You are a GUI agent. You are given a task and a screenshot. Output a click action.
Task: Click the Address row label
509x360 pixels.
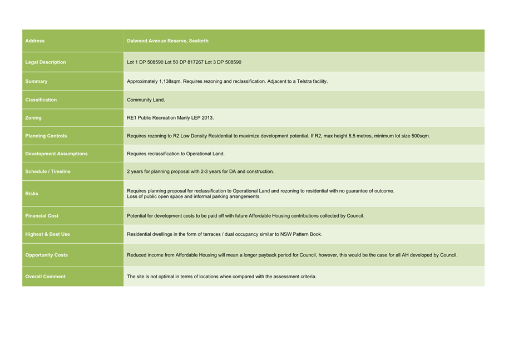[35, 41]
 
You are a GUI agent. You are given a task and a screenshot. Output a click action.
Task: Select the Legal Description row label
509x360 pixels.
[46, 62]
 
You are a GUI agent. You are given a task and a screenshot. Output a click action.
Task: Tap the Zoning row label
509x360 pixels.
[33, 118]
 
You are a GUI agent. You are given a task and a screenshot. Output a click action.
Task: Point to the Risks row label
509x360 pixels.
[33, 194]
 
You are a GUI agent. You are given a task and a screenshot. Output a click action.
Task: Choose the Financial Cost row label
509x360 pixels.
[42, 216]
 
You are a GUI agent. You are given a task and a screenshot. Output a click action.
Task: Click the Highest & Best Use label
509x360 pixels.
[48, 234]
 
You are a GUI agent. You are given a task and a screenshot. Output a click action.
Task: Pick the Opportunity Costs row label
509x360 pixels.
[47, 255]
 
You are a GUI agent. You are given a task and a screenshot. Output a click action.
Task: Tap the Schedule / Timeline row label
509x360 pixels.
[48, 171]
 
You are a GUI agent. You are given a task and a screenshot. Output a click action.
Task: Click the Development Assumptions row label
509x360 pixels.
[56, 154]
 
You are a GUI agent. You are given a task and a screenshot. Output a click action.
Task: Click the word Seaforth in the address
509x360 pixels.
[199, 41]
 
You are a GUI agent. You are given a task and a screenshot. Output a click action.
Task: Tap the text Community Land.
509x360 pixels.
[146, 100]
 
